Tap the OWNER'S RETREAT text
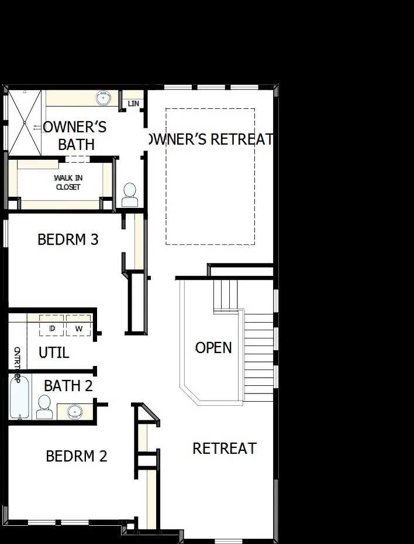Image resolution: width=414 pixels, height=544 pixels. click(211, 139)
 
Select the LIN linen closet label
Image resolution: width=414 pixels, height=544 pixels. click(133, 104)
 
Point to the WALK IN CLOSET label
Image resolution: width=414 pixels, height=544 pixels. click(68, 182)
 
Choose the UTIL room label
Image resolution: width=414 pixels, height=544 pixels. click(54, 353)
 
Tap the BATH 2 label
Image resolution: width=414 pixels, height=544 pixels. click(68, 386)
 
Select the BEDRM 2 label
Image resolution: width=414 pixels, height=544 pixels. click(77, 456)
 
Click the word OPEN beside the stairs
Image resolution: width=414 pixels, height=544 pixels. click(213, 348)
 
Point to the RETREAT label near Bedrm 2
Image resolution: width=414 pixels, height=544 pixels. click(225, 449)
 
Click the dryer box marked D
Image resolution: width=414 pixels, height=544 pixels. click(52, 329)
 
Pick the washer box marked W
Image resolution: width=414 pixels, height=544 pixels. click(79, 329)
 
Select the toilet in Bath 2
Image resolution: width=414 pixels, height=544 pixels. click(44, 406)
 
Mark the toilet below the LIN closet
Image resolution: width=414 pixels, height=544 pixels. click(129, 194)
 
